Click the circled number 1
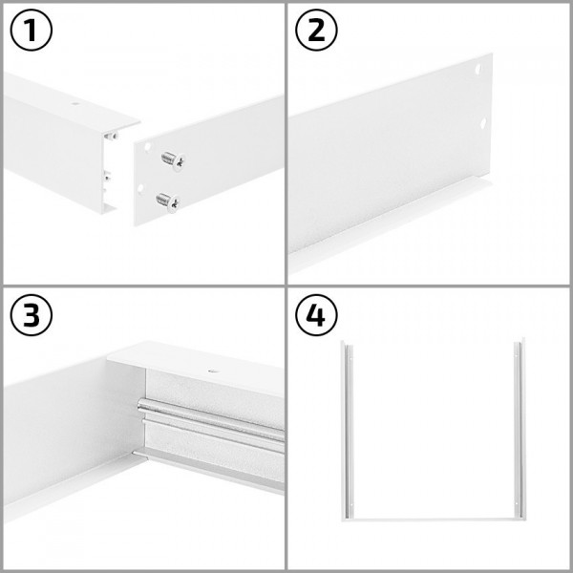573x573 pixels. point(32,32)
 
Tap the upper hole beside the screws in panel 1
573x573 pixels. point(150,146)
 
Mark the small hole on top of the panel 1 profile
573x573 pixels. point(74,102)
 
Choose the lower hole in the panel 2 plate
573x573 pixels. point(484,123)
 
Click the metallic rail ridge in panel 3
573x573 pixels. point(210,424)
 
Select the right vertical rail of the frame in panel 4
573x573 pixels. point(520,430)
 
